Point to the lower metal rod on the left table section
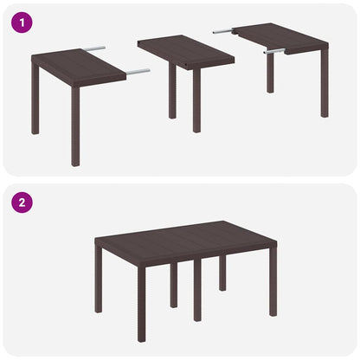coord(137,71)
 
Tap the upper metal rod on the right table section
coord(222,31)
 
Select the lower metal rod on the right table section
coord(276,52)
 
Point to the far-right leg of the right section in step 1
coord(324,87)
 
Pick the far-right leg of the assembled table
coord(273,286)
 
